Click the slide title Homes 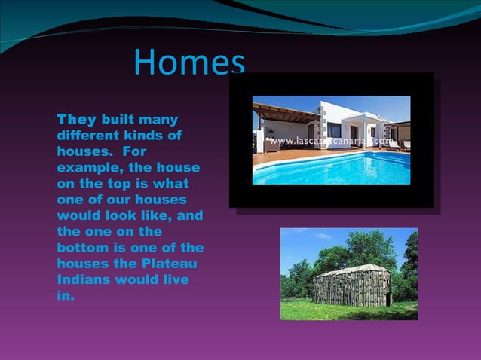tap(189, 63)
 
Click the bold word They tap(76, 120)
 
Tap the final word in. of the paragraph tap(66, 295)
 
